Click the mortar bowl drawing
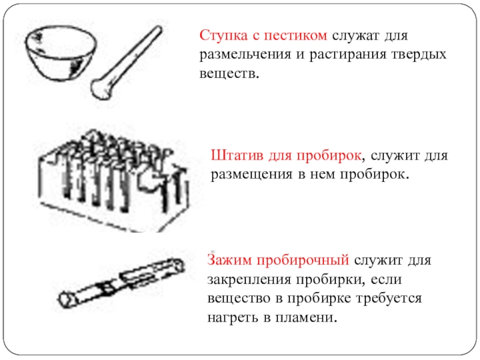(59, 53)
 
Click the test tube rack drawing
(114, 181)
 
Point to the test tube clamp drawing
(121, 282)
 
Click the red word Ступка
(223, 35)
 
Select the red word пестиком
(295, 35)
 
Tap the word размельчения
(245, 55)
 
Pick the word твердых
(419, 55)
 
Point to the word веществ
(229, 74)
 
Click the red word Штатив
(237, 155)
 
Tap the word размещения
(251, 175)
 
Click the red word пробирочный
(303, 260)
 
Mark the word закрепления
(249, 280)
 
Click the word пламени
(306, 317)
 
